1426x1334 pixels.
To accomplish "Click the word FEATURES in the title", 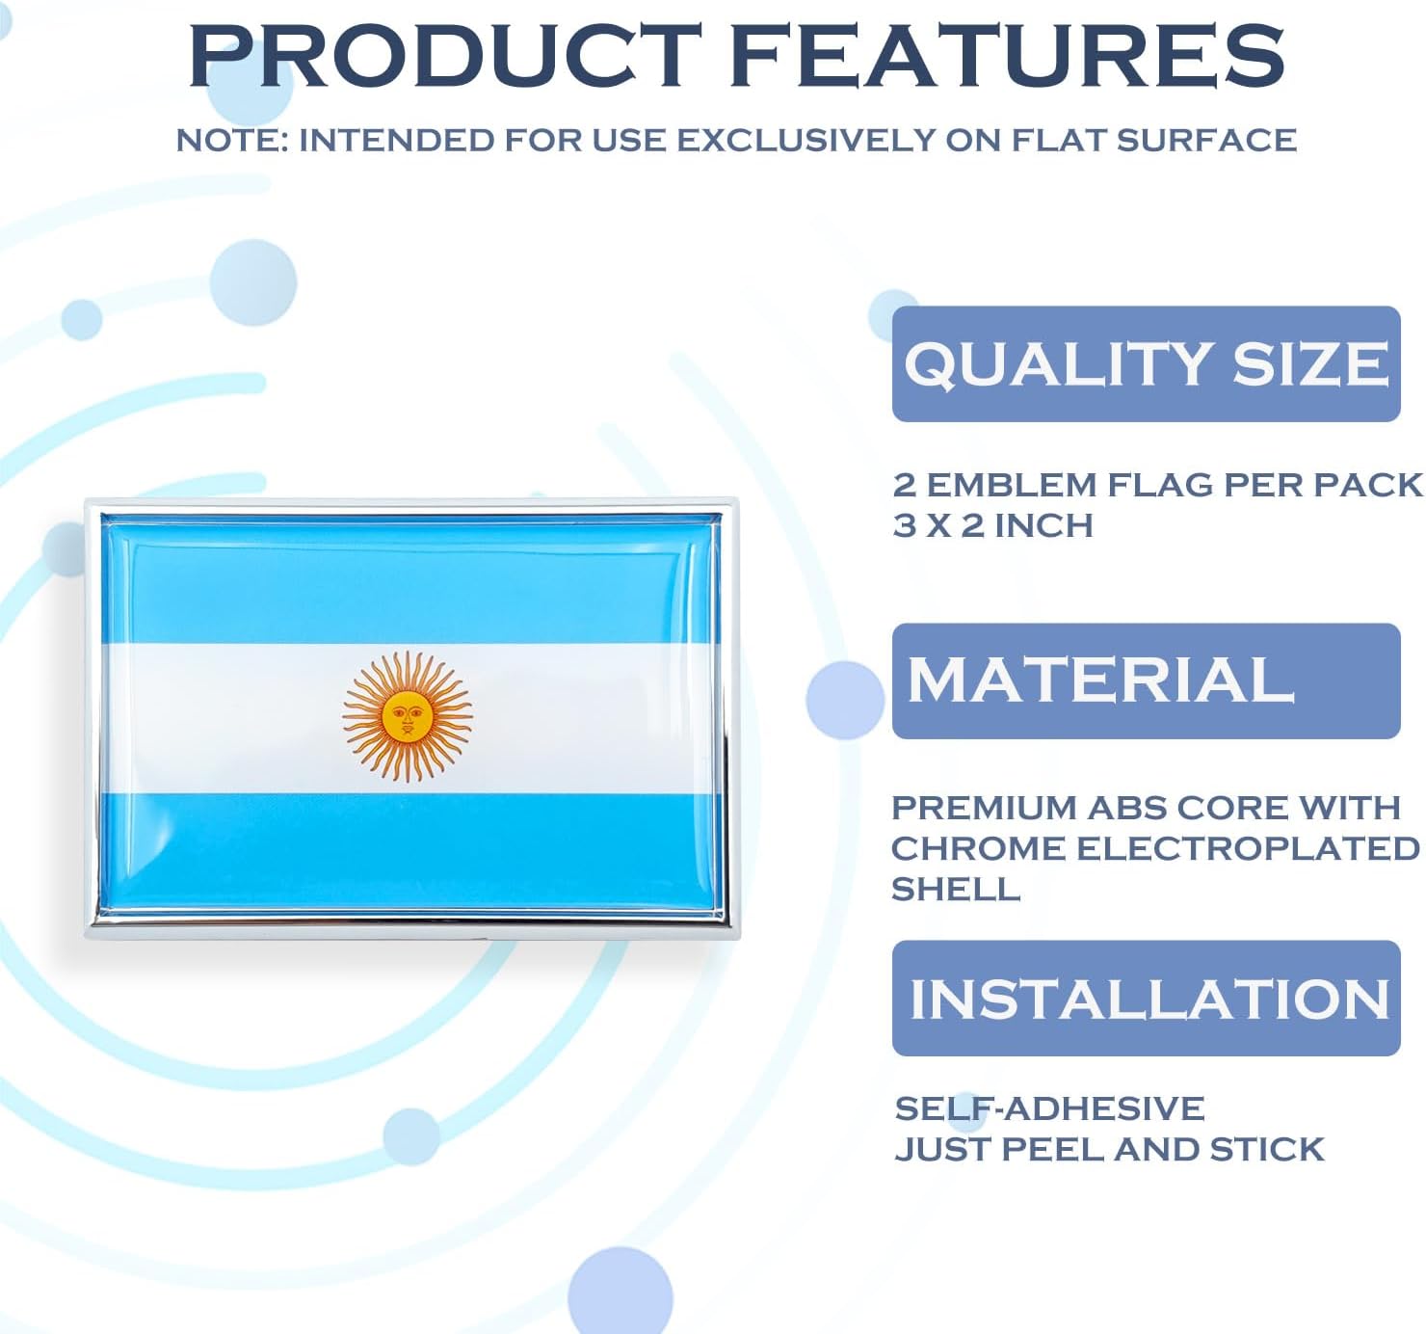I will tap(1008, 55).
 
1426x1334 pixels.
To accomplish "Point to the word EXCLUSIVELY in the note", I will tap(805, 140).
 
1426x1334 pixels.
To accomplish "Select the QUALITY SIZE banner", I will tap(1146, 363).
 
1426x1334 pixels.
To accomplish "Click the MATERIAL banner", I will tap(1146, 680).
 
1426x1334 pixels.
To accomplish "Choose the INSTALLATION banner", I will tap(1146, 998).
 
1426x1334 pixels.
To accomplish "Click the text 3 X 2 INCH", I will tap(992, 525).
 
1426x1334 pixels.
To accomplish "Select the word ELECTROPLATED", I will tap(1247, 848).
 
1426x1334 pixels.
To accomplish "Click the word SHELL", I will tap(955, 889).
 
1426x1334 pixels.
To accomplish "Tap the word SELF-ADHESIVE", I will tap(1049, 1108).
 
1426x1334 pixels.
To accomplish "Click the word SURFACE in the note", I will tap(1206, 140).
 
